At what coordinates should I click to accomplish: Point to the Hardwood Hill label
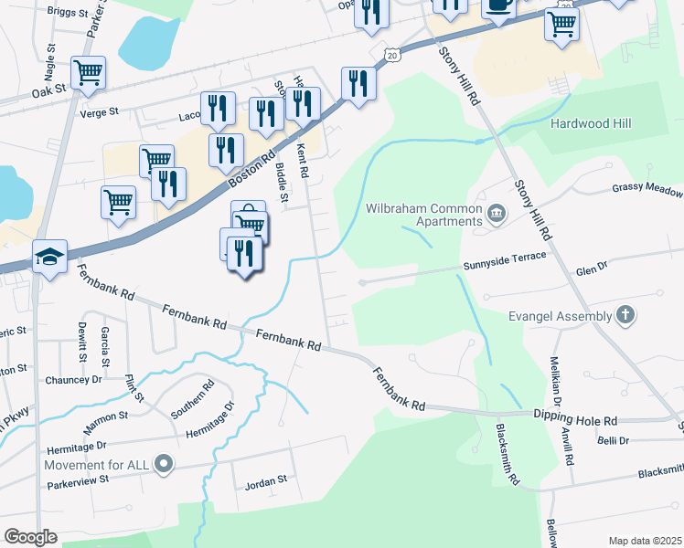coord(592,123)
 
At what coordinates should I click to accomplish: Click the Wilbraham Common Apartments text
coord(423,215)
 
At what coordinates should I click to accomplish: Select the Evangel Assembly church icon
coord(625,316)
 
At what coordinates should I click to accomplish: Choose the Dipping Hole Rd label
coord(576,417)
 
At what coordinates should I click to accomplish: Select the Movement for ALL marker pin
coord(164,465)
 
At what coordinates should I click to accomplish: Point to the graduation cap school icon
coord(49,258)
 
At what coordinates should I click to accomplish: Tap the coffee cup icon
coord(498,5)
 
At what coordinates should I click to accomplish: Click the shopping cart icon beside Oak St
coord(88,73)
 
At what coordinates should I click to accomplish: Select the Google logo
coord(32,537)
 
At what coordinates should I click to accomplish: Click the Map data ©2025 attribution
coord(645,541)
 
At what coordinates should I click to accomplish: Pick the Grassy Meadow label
coord(647,191)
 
